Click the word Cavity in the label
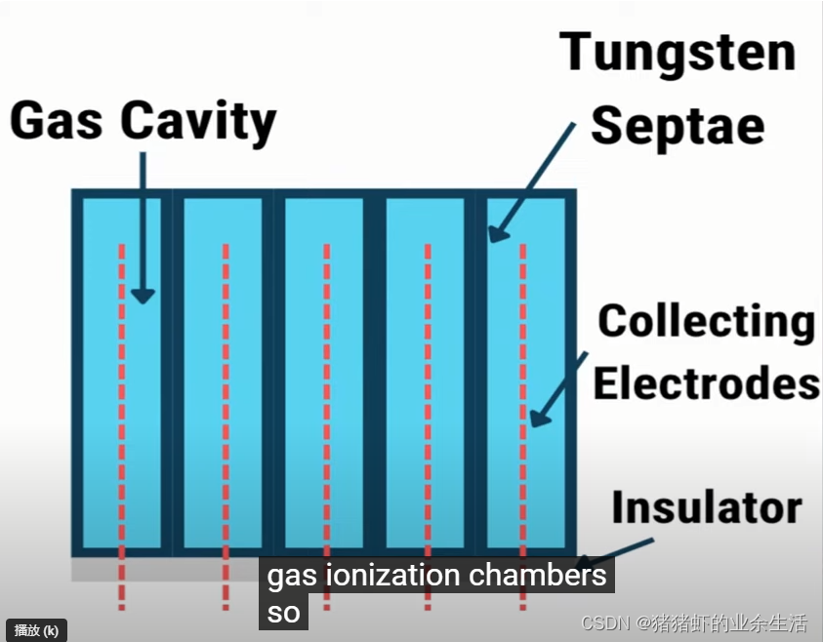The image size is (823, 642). coord(198,124)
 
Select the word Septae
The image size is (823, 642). coord(678,124)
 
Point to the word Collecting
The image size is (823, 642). coord(706,321)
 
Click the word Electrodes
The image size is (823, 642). coord(706,382)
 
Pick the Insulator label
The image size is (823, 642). coord(706,507)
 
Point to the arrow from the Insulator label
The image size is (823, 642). coord(615,548)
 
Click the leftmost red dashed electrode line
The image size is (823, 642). coord(122,410)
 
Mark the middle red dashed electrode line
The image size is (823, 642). coord(326,410)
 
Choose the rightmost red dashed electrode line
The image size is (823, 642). coord(522,410)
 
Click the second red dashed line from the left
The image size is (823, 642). coord(226,410)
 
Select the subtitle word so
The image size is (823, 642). coord(283,614)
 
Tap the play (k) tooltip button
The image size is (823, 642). coord(36,630)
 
